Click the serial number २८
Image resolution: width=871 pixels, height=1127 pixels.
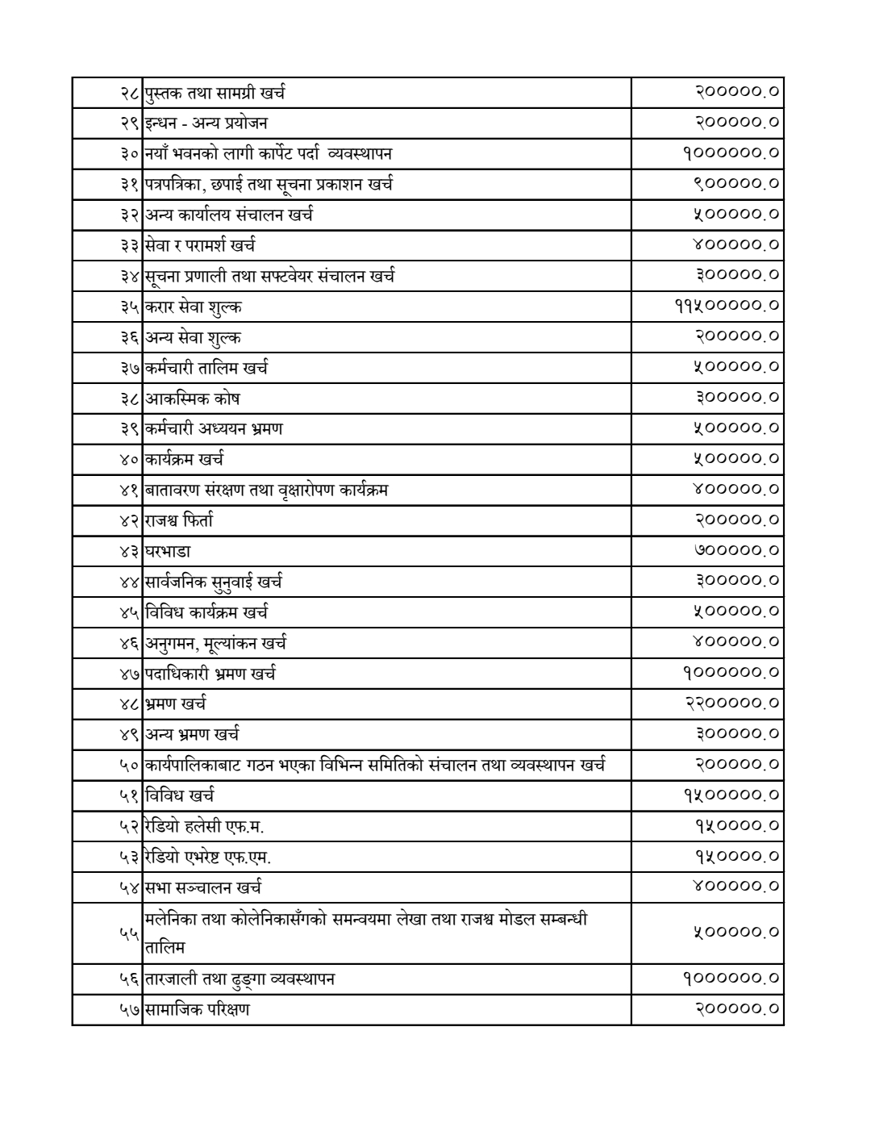pyautogui.click(x=131, y=93)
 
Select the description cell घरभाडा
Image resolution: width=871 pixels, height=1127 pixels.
pyautogui.click(x=169, y=552)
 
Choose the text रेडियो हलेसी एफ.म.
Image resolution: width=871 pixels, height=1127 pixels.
pyautogui.click(x=205, y=826)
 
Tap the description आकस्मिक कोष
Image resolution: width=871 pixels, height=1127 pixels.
pyautogui.click(x=193, y=399)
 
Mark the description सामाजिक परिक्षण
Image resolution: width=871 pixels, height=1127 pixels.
pyautogui.click(x=198, y=1009)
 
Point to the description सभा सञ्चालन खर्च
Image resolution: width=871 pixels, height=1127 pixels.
pyautogui.click(x=203, y=887)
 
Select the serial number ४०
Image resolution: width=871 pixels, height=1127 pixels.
pyautogui.click(x=131, y=460)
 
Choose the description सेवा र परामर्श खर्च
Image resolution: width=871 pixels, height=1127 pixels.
pyautogui.click(x=200, y=245)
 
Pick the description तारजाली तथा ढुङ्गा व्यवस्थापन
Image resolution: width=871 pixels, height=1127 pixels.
pyautogui.click(x=240, y=979)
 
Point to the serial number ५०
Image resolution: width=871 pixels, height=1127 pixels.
pyautogui.click(x=131, y=765)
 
